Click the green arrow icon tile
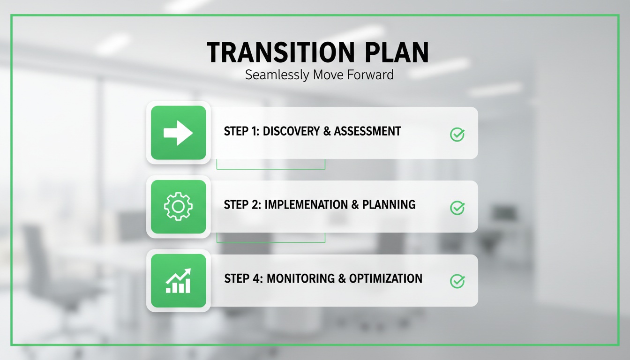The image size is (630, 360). point(178,133)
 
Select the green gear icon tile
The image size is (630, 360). point(178,206)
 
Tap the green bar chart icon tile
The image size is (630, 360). point(178,280)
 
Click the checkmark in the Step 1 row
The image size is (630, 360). point(457,135)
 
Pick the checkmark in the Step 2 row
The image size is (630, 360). point(457,208)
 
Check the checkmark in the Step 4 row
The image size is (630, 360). point(457,281)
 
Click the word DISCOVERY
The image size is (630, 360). point(291,131)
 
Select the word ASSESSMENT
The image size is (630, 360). point(367,131)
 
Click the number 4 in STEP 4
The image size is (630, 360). point(257,278)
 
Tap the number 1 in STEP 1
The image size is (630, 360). point(255,131)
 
